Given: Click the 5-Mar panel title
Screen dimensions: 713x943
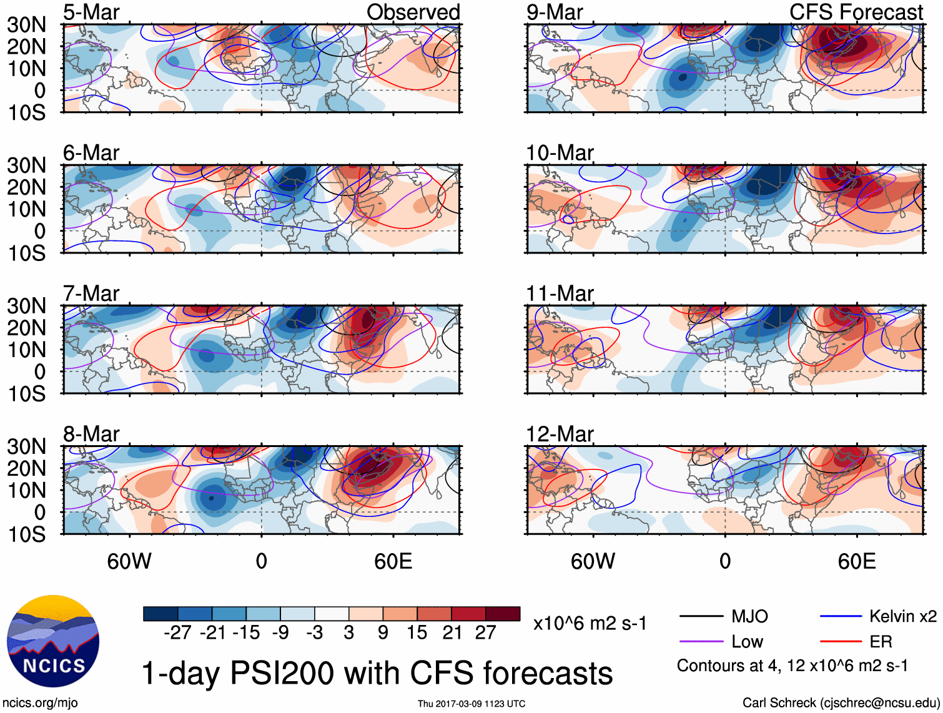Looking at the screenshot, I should pos(91,12).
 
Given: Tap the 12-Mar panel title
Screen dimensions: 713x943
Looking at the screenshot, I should pos(560,434).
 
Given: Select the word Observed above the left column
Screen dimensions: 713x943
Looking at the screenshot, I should pos(413,12).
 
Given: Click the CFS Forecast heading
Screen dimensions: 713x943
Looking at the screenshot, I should pos(856,12).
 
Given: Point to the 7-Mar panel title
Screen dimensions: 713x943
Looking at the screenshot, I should pos(91,293).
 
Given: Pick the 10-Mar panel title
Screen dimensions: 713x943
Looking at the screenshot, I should pos(560,153).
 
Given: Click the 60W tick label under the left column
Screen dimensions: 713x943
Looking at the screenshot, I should pos(129,561).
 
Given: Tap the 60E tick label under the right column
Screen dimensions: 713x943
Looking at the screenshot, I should pos(856,561).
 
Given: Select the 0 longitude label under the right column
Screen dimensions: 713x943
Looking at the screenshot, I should pos(725,561).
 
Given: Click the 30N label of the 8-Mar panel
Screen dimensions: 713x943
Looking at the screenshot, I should pos(27,446).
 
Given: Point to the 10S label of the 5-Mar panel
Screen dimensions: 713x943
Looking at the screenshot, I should pos(27,113).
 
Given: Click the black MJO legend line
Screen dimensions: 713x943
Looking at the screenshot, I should pos(701,617).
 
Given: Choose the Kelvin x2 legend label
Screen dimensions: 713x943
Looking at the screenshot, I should pos(902,617).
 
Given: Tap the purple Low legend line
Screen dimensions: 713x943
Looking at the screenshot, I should pos(701,642).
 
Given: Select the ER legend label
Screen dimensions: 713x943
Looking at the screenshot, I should pos(881,642).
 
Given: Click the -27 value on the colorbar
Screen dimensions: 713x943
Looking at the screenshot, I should pos(177,633).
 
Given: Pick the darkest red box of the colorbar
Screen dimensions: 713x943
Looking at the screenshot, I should pos(503,614).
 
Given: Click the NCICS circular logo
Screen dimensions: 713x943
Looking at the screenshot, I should pos(53,641).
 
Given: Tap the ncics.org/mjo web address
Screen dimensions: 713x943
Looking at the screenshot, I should pos(41,703).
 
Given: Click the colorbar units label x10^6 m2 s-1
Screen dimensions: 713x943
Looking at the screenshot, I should pos(590,624).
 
